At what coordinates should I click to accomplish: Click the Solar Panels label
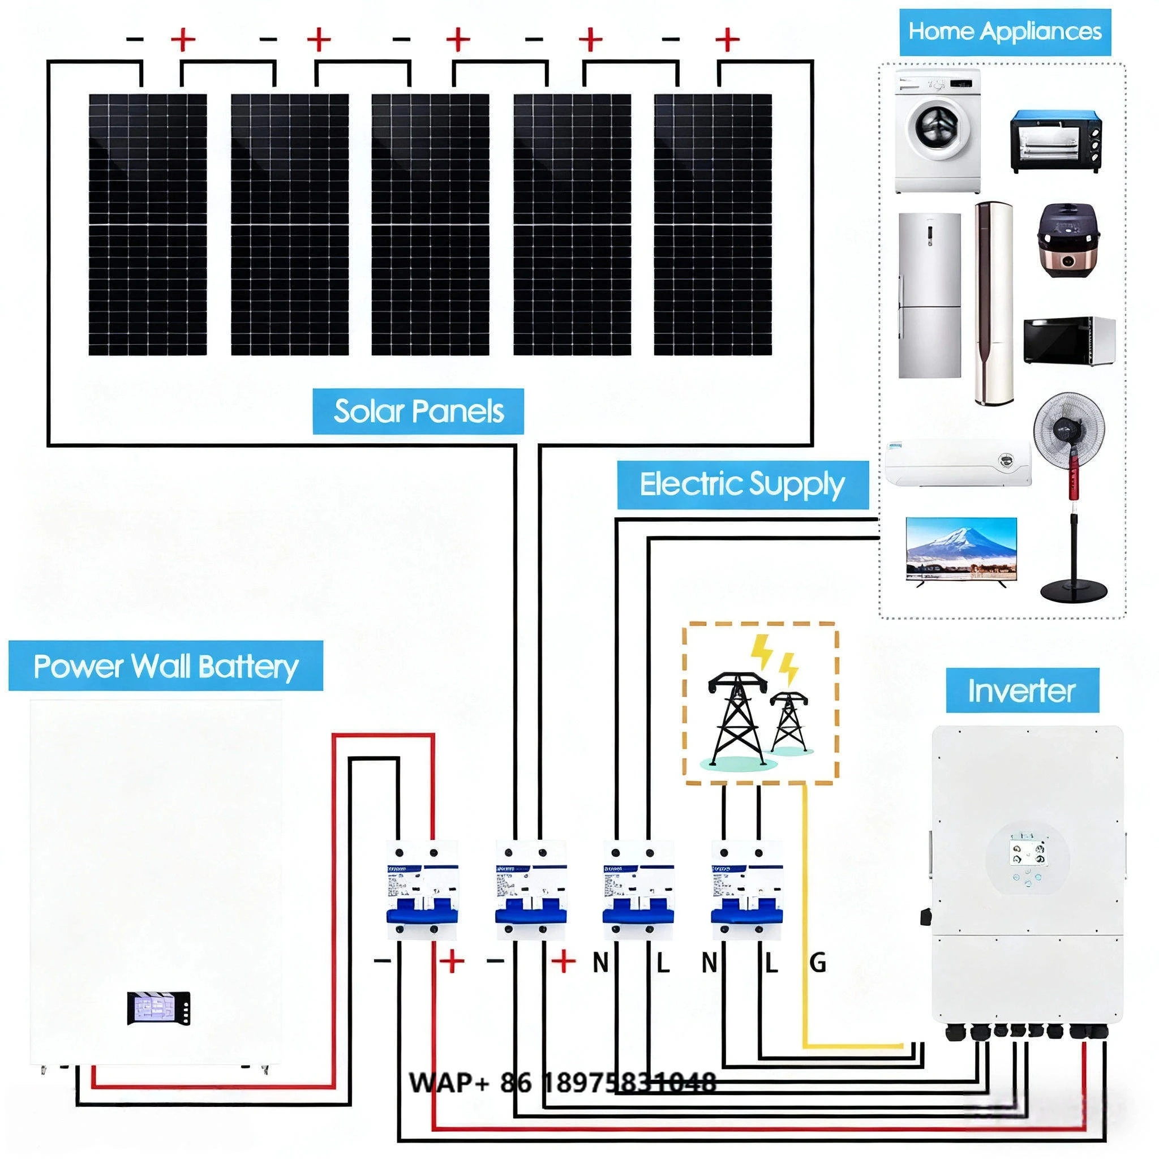tap(418, 411)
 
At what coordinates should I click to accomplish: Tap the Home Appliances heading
tap(1005, 31)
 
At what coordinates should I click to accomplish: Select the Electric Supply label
tap(742, 485)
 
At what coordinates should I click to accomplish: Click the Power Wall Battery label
tap(166, 666)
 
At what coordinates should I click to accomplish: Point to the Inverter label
tap(1021, 690)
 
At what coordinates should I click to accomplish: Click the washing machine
tap(937, 131)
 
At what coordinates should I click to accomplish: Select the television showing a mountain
tap(961, 549)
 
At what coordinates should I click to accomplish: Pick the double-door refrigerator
tap(929, 295)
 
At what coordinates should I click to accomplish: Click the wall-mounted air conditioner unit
tap(958, 462)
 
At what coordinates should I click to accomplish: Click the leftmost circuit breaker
tap(422, 890)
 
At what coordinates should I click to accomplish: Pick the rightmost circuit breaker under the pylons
tap(746, 890)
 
